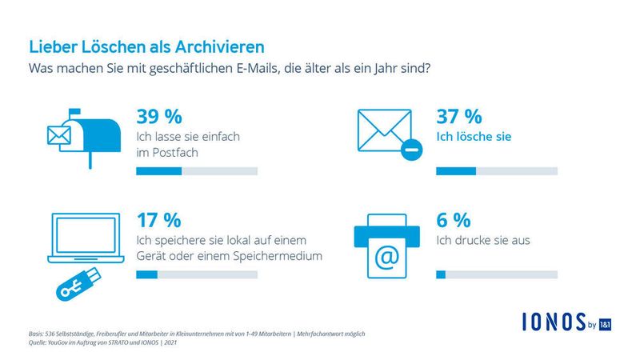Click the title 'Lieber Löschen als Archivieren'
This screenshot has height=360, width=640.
tap(146, 47)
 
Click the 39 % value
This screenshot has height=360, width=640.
tap(160, 116)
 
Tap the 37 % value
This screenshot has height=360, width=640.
tap(459, 116)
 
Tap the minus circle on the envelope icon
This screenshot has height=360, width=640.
tap(410, 150)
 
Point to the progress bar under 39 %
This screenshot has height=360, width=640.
tap(197, 171)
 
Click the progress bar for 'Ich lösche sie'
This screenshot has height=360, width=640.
tap(496, 171)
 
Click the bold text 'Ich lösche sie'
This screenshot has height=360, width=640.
tap(474, 137)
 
